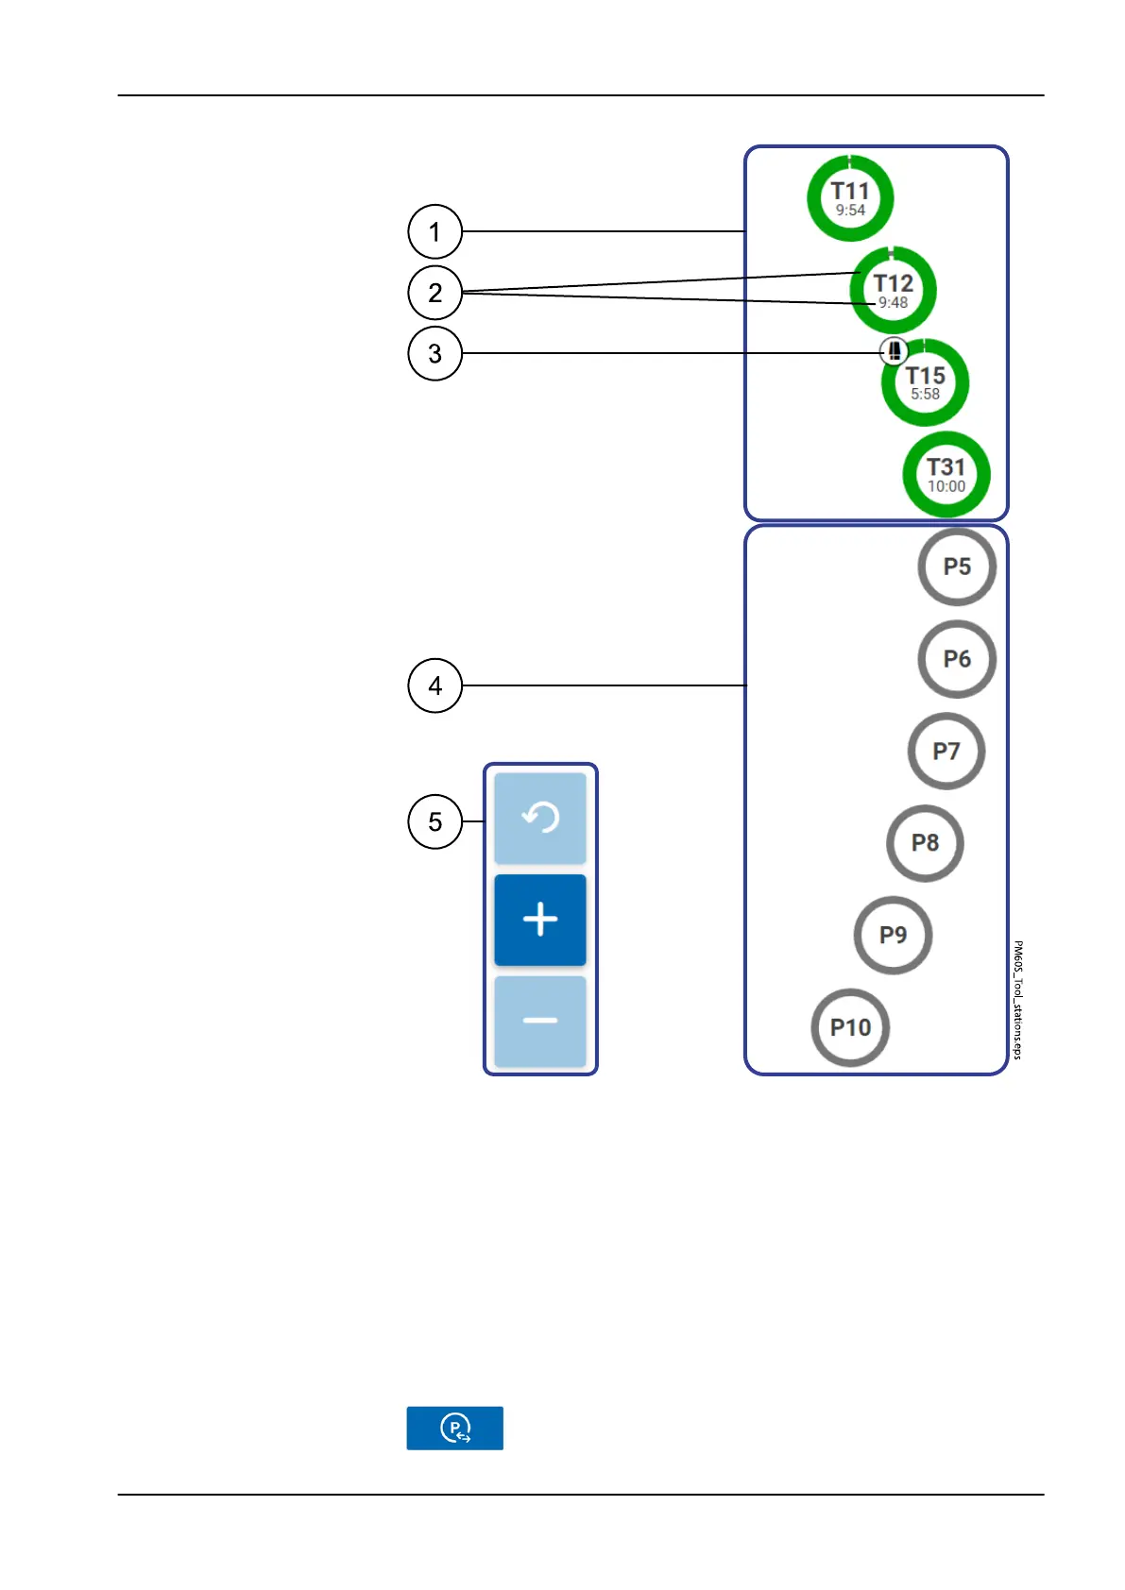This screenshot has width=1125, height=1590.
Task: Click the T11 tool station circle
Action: coord(850,198)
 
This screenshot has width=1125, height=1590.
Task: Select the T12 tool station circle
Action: coord(893,290)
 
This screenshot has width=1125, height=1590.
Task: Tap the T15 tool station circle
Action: coord(926,383)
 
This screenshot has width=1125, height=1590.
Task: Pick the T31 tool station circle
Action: coord(946,475)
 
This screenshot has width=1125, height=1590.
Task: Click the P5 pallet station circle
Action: coord(957,567)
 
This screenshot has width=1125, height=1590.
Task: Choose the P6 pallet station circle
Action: coord(957,659)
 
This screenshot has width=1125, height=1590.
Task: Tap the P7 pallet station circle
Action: coord(946,752)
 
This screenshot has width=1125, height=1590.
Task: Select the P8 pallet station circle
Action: coord(925,843)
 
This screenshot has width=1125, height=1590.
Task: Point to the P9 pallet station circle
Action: coord(893,935)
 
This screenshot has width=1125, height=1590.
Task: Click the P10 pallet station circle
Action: coord(850,1027)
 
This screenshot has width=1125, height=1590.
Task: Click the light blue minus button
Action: coord(540,1021)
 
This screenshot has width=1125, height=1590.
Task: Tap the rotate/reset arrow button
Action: coord(540,818)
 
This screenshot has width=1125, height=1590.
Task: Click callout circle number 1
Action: coord(435,231)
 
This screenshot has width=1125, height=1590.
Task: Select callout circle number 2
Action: coord(435,293)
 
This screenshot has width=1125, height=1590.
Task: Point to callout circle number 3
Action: coord(435,353)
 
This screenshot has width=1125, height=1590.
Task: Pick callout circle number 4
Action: coord(435,685)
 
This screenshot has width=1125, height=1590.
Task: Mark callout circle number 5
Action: coord(435,821)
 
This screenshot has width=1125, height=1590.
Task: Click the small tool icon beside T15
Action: coord(894,351)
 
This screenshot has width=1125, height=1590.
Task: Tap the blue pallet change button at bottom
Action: coord(454,1428)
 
